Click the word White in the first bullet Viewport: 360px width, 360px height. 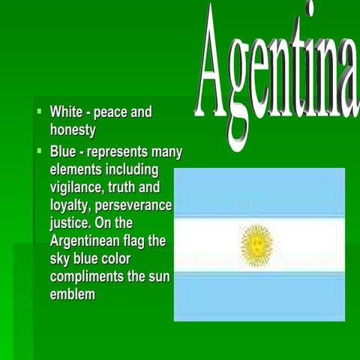[x=65, y=112]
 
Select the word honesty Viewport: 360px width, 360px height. [x=73, y=130]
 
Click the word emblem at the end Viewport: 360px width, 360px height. [x=73, y=294]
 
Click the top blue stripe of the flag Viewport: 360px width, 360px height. [x=259, y=193]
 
